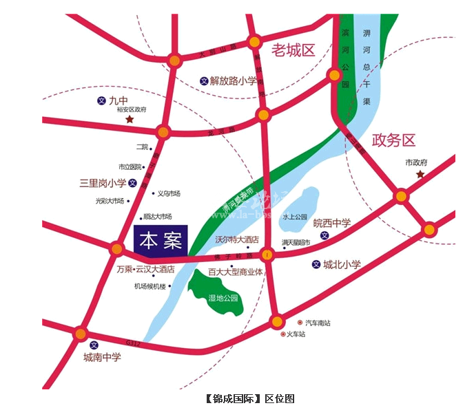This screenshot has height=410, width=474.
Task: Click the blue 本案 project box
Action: pos(160,241)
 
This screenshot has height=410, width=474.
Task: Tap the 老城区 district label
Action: pos(293,50)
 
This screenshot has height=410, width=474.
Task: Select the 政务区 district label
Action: pos(394,140)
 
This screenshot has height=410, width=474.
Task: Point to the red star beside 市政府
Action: pos(420,175)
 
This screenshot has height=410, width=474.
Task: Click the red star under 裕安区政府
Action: pos(129,119)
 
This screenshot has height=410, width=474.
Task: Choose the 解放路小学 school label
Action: pos(233,80)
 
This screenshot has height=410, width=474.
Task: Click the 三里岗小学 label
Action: pos(103,183)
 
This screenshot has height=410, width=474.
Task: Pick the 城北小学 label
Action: pos(342,263)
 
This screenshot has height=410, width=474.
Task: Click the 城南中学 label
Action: pos(102,357)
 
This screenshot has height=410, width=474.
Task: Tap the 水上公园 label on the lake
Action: pos(294,216)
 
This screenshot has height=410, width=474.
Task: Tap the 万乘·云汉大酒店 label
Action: pos(145,269)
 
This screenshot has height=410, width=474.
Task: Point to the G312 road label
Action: pos(133,343)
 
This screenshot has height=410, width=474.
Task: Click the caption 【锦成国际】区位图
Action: pos(250,398)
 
